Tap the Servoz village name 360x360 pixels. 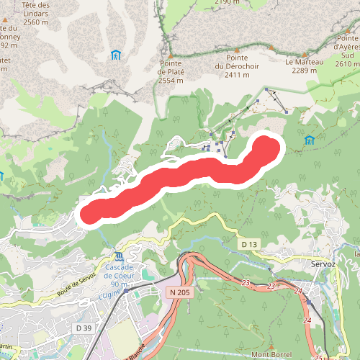pos(323,264)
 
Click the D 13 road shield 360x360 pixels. pos(249,245)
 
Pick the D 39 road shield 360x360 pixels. pos(83,328)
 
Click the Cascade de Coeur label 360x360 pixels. pos(119,271)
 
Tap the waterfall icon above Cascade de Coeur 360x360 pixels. pos(119,256)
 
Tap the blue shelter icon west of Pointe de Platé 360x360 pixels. pos(116,55)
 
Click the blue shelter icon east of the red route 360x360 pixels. pos(310,140)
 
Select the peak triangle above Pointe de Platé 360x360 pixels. pos(171,55)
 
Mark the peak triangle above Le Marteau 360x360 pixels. pos(272,48)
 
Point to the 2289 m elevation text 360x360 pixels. pos(305,70)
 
